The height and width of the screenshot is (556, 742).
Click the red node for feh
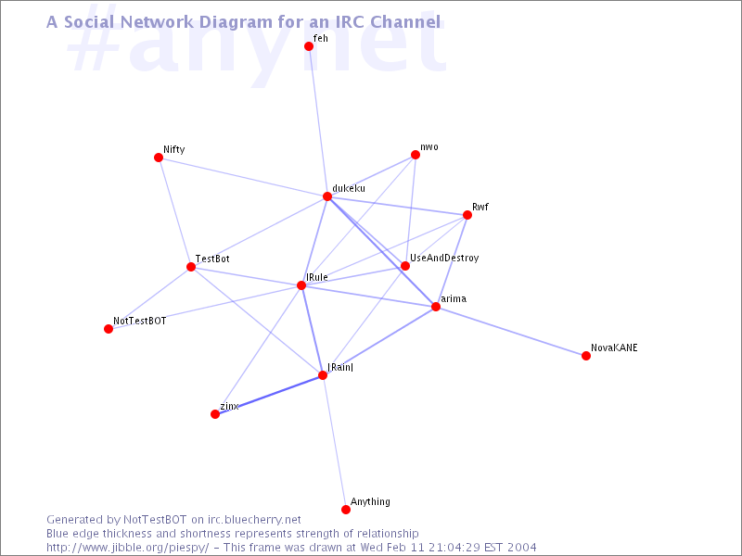pos(309,46)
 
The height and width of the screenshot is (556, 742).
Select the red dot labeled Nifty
pos(159,158)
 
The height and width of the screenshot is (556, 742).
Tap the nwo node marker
pos(416,155)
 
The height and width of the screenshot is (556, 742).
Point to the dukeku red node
pos(327,196)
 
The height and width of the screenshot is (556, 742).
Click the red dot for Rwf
pos(467,215)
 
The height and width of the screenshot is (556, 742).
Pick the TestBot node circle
pos(191,267)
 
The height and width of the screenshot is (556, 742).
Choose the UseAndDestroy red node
pos(405,266)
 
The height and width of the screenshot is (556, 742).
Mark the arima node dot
pos(436,307)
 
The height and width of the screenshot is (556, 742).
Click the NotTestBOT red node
pos(109,329)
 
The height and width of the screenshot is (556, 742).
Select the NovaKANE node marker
pos(586,356)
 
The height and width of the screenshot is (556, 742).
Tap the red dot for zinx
pos(215,414)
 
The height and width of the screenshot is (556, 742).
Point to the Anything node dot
pos(346,509)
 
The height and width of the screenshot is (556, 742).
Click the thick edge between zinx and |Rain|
pos(269,395)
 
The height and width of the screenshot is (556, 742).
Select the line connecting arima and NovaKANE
pos(511,332)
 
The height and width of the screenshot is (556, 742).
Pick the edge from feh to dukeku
pos(318,121)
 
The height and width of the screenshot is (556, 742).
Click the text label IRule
pos(317,277)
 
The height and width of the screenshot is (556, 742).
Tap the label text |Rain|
pos(340,367)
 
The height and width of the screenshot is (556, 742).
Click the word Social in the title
pos(89,21)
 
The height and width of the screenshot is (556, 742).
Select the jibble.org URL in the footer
pos(128,548)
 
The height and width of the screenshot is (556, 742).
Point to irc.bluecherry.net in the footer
pos(254,520)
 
